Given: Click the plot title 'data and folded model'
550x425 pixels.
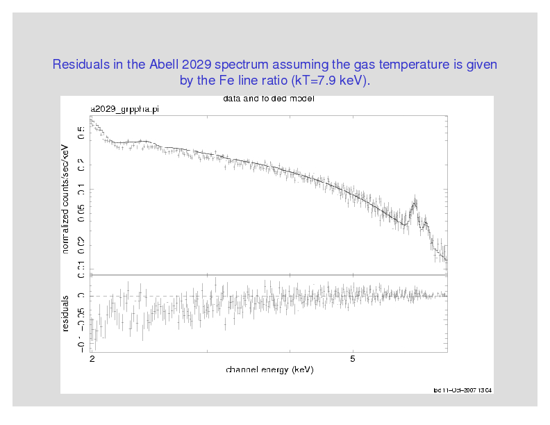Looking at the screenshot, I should click(x=269, y=99).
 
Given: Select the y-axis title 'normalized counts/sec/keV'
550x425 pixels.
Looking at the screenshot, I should click(x=66, y=199).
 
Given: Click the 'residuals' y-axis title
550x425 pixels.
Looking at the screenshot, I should click(x=66, y=312).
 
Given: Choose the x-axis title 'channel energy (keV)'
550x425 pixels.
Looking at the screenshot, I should click(x=269, y=369).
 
